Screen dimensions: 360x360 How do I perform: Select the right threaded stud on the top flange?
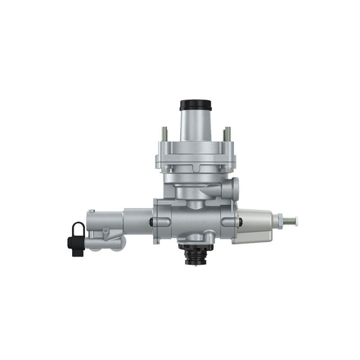(x=227, y=134)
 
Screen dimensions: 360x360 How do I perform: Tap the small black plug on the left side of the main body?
(x=151, y=220)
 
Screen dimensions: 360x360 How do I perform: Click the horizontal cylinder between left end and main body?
(x=135, y=220)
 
